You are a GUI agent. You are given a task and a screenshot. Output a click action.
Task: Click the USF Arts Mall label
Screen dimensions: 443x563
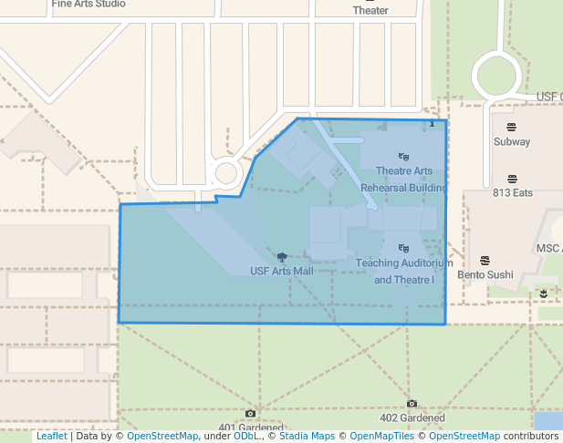tap(281, 271)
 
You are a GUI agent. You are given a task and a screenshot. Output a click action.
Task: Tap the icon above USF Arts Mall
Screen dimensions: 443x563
tap(281, 257)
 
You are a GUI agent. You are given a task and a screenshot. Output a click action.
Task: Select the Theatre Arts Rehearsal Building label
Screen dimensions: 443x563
tap(404, 179)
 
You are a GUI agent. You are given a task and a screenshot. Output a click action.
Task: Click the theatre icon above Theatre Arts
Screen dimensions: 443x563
tap(404, 157)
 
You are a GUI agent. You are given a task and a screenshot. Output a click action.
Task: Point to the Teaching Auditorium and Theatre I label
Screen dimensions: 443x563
tap(404, 271)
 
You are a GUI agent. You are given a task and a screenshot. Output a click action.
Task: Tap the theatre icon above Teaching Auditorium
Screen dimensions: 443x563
tap(404, 248)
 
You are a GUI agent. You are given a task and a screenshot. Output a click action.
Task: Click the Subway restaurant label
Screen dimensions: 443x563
tap(512, 141)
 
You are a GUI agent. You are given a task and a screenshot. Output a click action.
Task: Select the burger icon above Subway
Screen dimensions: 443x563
tap(512, 127)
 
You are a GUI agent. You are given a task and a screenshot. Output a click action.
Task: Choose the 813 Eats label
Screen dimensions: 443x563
tap(512, 192)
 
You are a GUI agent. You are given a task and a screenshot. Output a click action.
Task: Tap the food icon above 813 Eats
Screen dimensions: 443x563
tap(512, 179)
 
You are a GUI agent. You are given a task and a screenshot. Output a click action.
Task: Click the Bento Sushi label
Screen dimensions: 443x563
tap(485, 274)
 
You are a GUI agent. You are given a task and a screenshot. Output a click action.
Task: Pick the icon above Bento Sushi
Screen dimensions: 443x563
tap(485, 261)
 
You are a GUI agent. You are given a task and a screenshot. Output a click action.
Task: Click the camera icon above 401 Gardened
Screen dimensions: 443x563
tap(251, 414)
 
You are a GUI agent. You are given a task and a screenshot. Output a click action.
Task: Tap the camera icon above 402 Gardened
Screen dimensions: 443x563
tap(412, 404)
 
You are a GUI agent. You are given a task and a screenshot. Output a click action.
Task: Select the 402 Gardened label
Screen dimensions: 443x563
tap(412, 418)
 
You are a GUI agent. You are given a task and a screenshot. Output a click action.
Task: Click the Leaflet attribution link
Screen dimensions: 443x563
tap(51, 436)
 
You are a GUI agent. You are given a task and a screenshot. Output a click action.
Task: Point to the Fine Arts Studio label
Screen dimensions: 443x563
tap(89, 4)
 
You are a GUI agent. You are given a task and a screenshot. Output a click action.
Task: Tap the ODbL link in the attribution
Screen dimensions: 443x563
tap(246, 436)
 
